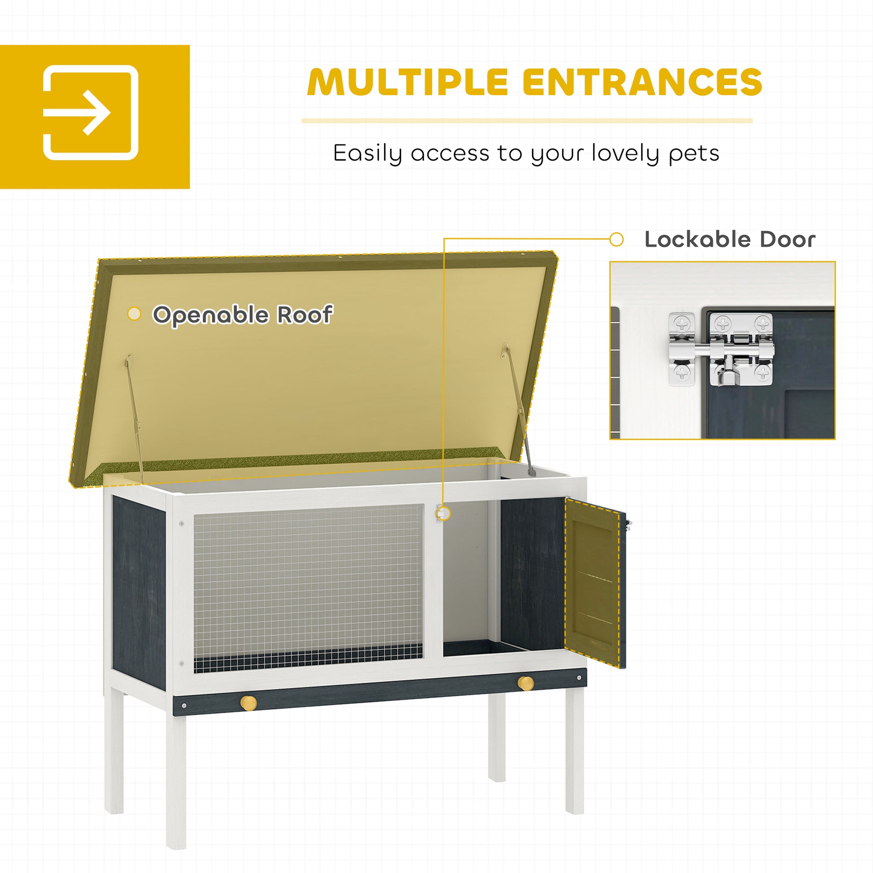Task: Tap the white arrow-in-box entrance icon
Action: click(x=90, y=113)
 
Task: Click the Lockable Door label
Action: click(x=730, y=240)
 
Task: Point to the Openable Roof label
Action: click(x=243, y=315)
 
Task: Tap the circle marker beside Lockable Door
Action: click(x=616, y=240)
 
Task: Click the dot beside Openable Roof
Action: click(x=134, y=314)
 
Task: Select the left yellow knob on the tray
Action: click(x=248, y=703)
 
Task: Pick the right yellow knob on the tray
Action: click(x=525, y=683)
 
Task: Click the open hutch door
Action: click(x=595, y=582)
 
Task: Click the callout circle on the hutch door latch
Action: click(x=444, y=513)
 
